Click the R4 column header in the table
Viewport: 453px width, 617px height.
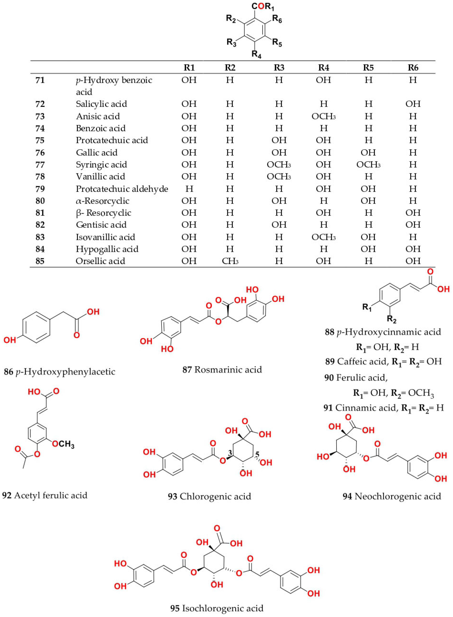[324, 68]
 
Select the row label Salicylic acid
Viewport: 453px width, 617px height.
[101, 104]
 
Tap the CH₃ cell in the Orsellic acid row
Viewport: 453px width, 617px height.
[230, 261]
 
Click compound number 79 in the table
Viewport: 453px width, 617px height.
[40, 189]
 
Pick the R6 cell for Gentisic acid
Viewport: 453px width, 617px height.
[413, 225]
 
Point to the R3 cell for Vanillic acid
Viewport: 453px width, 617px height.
[279, 176]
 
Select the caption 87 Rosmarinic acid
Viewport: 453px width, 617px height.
[222, 370]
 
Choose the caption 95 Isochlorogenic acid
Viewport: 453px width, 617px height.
[217, 608]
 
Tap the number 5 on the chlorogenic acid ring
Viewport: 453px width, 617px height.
[257, 455]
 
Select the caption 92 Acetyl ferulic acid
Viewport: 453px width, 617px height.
[45, 495]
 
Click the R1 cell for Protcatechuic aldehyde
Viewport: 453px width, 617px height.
[189, 189]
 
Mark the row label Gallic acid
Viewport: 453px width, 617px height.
[96, 153]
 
